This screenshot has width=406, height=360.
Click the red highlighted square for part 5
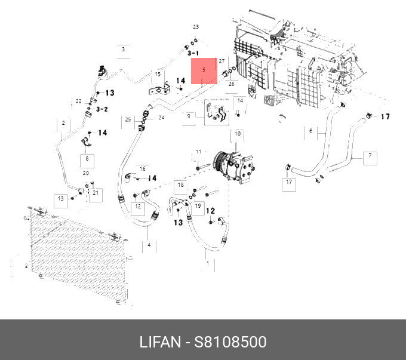click(204, 71)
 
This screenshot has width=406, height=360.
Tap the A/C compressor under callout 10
click(233, 167)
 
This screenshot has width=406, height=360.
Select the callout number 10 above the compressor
click(238, 134)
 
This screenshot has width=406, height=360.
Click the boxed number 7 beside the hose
click(370, 156)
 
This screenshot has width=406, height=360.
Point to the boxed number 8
click(87, 158)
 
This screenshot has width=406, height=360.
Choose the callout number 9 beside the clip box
click(189, 116)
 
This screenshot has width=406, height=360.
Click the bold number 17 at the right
click(385, 117)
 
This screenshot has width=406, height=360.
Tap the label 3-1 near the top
click(193, 53)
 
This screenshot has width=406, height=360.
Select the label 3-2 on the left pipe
click(102, 109)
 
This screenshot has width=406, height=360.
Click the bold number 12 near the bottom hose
click(211, 211)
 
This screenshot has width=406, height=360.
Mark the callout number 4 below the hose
click(149, 245)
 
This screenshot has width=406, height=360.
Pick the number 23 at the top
click(196, 27)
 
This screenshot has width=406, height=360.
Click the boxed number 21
click(96, 193)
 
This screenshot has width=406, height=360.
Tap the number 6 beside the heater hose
click(310, 131)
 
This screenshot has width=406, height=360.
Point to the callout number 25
click(128, 119)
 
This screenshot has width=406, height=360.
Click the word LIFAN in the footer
click(160, 342)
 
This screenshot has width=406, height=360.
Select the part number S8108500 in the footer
click(230, 342)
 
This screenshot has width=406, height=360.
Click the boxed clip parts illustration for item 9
click(217, 112)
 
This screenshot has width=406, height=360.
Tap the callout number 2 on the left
click(63, 123)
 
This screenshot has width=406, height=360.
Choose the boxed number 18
click(181, 185)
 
